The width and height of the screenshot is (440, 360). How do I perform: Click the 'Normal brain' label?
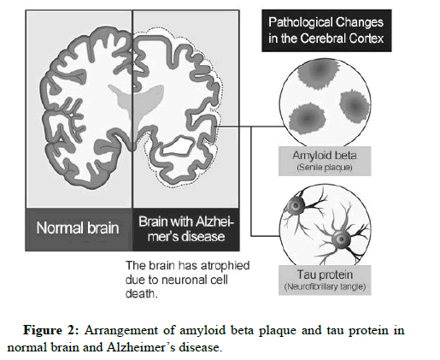(x=78, y=228)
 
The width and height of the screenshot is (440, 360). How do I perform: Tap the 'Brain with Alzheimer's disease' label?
(x=186, y=229)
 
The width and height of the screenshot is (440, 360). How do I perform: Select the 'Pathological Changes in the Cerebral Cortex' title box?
(x=326, y=31)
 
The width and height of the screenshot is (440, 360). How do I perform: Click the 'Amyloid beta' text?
(x=325, y=156)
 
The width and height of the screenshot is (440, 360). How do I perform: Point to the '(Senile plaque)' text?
(x=325, y=167)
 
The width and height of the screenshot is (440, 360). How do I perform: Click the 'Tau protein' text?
(x=325, y=274)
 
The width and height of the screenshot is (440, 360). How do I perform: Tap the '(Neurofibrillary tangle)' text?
(x=325, y=286)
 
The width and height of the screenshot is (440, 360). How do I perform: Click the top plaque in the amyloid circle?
(x=319, y=71)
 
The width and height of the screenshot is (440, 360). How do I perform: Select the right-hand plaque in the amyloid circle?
(x=355, y=106)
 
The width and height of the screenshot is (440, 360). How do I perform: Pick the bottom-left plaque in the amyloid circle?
(x=308, y=119)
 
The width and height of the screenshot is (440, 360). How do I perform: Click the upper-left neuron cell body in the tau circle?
(x=296, y=205)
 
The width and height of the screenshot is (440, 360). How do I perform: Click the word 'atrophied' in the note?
(x=225, y=266)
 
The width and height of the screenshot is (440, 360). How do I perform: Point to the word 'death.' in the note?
(x=142, y=293)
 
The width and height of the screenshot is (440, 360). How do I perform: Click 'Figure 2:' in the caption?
(x=50, y=330)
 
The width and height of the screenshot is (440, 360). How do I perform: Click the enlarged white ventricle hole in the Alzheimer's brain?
(x=178, y=146)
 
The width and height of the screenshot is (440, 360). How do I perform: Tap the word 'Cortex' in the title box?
(x=367, y=38)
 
